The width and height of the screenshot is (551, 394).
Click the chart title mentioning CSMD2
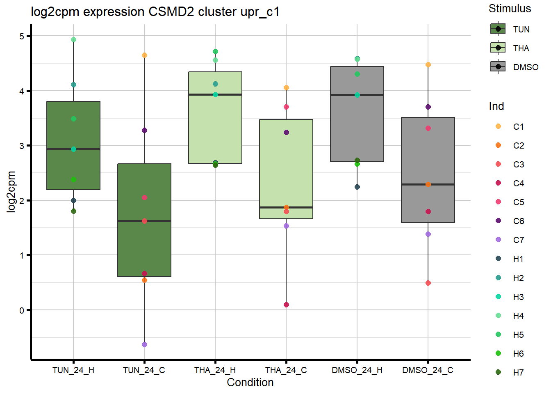coord(155,12)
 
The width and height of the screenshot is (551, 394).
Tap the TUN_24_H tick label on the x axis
coord(73,370)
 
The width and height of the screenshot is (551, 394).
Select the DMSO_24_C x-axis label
coord(428,370)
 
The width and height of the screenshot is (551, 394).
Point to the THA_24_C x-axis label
coord(286,370)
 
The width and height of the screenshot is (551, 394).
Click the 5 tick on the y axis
coord(22,36)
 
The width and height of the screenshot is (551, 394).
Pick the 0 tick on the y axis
coord(22,310)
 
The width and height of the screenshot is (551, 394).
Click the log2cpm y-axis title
coord(11,192)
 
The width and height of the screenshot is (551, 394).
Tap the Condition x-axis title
coord(250,383)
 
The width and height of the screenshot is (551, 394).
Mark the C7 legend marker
coord(499,240)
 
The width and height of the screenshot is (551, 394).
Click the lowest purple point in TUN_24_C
coord(144,345)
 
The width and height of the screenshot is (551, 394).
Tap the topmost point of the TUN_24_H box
coord(73,40)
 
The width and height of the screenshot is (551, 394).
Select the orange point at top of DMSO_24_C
coord(428,65)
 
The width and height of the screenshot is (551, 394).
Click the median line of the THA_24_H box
coord(215,95)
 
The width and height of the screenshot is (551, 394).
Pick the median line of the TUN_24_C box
coord(144,221)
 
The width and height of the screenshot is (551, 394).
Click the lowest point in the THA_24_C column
coord(286,305)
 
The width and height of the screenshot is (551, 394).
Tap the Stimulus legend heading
coord(510,9)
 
